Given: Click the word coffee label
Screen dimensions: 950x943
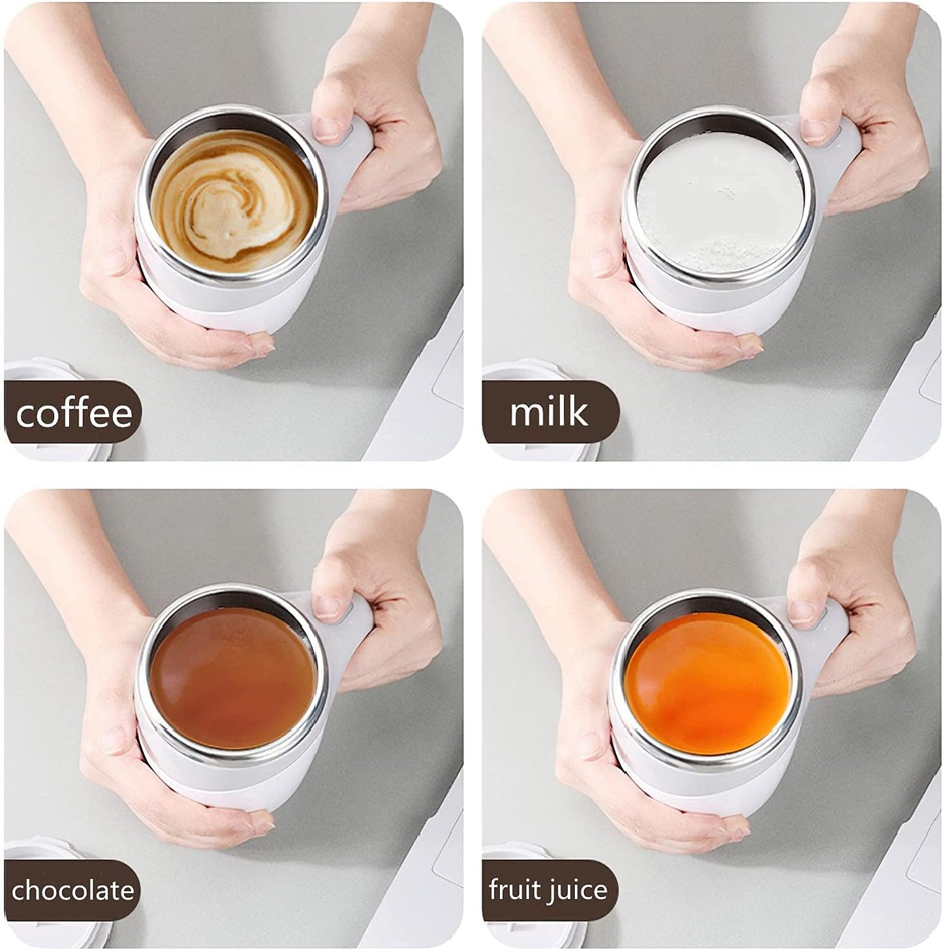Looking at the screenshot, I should click(x=74, y=414).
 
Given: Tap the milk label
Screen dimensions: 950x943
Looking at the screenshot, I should click(x=549, y=412).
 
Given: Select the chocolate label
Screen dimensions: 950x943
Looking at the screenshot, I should click(x=72, y=891).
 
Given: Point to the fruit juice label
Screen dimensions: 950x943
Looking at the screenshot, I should click(x=548, y=890).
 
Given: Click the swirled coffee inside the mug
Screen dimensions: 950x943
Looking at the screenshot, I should click(x=232, y=200).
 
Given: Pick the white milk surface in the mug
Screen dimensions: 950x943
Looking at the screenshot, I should click(x=718, y=196).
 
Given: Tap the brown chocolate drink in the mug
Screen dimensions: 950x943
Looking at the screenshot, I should click(x=232, y=679).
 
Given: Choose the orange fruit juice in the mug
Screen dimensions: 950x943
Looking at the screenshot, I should click(x=707, y=682).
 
